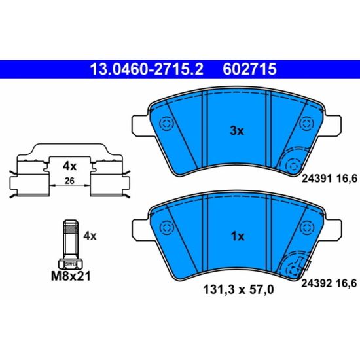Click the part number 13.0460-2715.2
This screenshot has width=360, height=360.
click(147, 69)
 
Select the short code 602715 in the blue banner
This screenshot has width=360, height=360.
click(250, 69)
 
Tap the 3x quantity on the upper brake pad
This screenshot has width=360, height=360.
click(237, 131)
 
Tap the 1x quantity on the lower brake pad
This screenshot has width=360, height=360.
click(238, 236)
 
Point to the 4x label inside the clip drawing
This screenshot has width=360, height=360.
click(69, 166)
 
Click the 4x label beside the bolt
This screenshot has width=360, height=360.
click(90, 236)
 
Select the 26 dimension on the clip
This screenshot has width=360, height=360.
click(69, 181)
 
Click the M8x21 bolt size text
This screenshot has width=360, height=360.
click(71, 276)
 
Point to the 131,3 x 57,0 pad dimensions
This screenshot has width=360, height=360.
click(238, 289)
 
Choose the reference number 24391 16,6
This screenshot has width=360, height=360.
click(329, 179)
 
